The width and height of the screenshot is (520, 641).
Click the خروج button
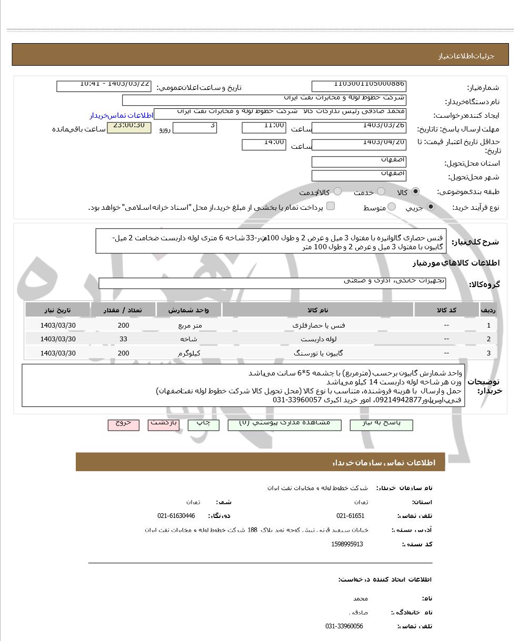(124, 424)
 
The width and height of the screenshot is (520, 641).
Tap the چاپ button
(203, 424)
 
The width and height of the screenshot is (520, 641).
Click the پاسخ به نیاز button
(381, 424)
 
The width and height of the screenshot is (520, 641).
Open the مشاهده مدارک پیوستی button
(284, 424)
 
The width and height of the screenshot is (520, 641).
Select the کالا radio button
(416, 192)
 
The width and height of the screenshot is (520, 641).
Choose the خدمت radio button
(381, 192)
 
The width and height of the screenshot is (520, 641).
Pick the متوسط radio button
(392, 207)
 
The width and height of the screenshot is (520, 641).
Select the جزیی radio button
(431, 207)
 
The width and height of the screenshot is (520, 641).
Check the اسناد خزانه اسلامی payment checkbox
(331, 206)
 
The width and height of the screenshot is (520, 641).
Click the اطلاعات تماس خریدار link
(121, 115)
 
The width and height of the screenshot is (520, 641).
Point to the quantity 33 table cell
(123, 339)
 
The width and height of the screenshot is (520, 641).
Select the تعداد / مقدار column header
(123, 310)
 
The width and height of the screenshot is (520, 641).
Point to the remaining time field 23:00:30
(129, 128)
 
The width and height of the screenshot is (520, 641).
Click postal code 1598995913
(347, 544)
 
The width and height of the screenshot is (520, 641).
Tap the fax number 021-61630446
(176, 516)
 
